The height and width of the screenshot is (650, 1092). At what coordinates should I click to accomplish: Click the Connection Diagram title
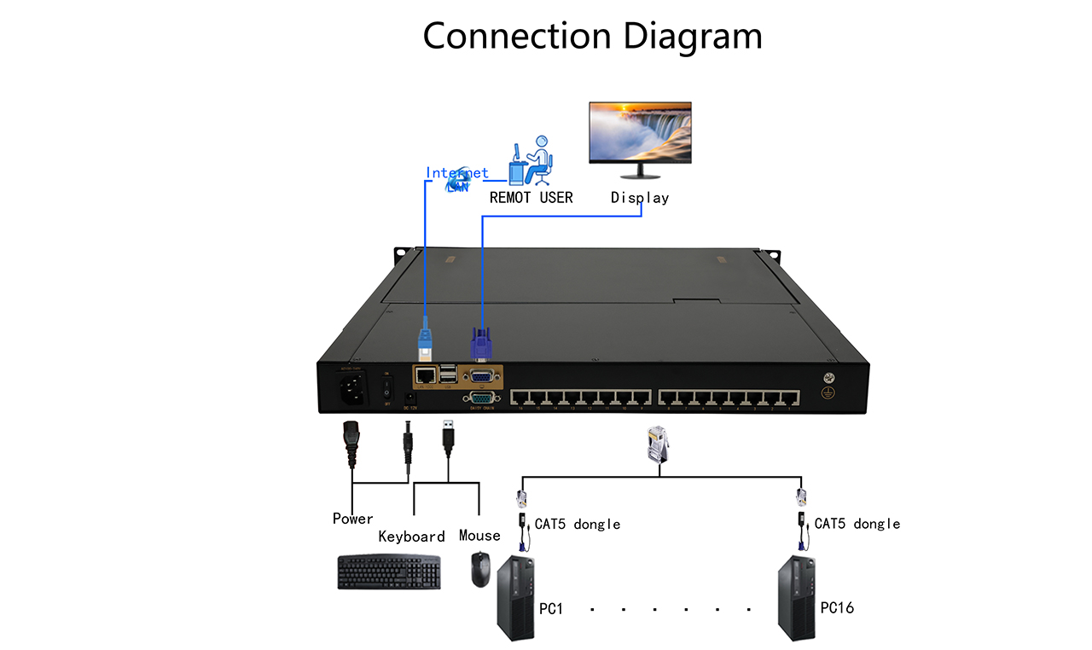click(592, 37)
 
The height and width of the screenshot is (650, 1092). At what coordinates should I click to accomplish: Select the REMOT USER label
click(531, 198)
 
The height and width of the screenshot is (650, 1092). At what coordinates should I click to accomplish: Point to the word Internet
click(457, 173)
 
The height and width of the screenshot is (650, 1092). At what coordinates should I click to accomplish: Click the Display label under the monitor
click(640, 198)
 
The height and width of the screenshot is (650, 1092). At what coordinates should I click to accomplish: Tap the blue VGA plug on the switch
click(480, 345)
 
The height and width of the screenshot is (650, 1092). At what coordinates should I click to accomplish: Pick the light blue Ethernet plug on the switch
click(424, 338)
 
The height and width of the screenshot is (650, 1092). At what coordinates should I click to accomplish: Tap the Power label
click(353, 519)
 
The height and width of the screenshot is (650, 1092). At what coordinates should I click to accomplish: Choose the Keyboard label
click(412, 537)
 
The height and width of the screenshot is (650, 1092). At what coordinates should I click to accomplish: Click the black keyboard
click(389, 572)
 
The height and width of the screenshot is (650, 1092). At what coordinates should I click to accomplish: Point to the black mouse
click(481, 569)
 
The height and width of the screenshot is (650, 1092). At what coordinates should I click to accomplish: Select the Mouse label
click(479, 536)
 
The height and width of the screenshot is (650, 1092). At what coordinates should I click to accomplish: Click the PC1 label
click(551, 610)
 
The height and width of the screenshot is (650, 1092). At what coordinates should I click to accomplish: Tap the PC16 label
click(837, 608)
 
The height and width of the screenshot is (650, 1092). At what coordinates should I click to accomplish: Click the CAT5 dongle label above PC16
click(857, 524)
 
